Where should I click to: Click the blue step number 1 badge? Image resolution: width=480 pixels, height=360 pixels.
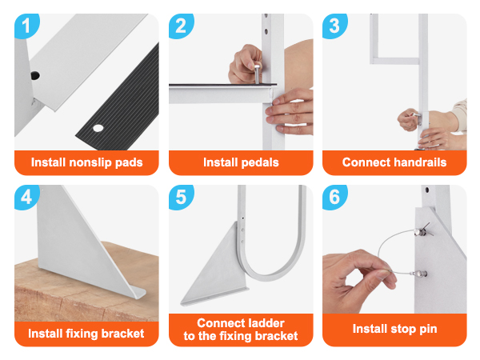(x=26, y=26)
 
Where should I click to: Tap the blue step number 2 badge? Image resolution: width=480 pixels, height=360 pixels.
(x=181, y=26)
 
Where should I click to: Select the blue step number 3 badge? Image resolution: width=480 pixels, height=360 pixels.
(x=334, y=26)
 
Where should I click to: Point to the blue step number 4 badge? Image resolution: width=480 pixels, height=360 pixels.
(x=26, y=197)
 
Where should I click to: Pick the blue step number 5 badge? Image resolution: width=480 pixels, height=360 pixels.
(x=181, y=197)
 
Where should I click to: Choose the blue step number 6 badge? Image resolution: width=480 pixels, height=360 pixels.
(x=334, y=197)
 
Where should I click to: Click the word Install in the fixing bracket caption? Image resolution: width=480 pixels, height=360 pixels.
(x=45, y=334)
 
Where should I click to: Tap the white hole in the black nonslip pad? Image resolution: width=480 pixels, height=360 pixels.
(x=98, y=128)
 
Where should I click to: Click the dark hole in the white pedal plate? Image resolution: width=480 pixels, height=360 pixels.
(x=35, y=75)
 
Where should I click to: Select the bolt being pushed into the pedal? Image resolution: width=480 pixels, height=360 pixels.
(x=258, y=73)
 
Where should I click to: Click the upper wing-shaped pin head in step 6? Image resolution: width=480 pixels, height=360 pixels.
(x=423, y=230)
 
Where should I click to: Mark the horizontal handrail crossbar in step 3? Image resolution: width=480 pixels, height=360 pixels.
(x=395, y=61)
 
